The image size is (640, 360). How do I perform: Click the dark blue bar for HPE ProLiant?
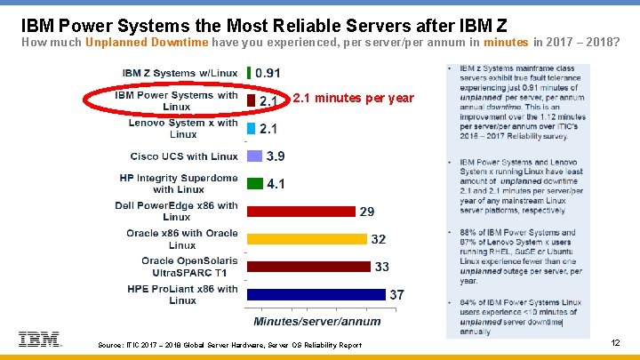pyautogui.click(x=316, y=294)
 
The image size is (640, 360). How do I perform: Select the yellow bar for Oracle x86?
pyautogui.click(x=307, y=239)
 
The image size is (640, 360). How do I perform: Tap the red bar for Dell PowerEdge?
pyautogui.click(x=301, y=212)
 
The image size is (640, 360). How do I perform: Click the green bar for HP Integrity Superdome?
pyautogui.click(x=254, y=184)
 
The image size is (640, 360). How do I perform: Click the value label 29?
pyautogui.click(x=367, y=212)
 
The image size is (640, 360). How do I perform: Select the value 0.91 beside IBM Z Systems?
pyautogui.click(x=268, y=73)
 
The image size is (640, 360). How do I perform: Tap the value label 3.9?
pyautogui.click(x=276, y=156)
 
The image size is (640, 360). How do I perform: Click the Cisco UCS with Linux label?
pyautogui.click(x=183, y=156)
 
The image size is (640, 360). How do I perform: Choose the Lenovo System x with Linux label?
pyautogui.click(x=183, y=128)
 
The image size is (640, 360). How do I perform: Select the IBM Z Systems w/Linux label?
pyautogui.click(x=180, y=73)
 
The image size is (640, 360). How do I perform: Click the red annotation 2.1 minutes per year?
pyautogui.click(x=353, y=98)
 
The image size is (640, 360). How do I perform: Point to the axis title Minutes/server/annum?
pyautogui.click(x=317, y=321)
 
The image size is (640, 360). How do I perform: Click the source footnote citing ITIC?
pyautogui.click(x=229, y=345)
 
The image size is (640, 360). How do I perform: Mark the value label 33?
pyautogui.click(x=382, y=267)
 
